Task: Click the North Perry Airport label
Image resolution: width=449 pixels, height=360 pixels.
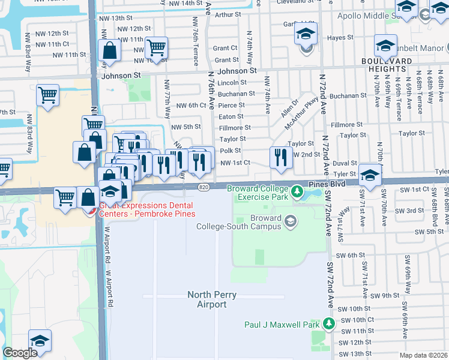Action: coord(207,299)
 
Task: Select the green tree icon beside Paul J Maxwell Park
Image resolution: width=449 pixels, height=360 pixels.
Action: coord(328,324)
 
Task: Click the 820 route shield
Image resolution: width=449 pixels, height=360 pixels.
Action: coord(204,188)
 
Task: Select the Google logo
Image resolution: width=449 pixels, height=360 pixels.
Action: coord(20,353)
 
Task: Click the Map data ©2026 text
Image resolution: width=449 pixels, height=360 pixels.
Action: coord(423,355)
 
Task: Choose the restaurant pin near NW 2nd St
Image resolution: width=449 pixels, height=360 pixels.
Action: coord(277,157)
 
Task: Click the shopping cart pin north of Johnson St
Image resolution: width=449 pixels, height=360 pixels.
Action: coord(156,47)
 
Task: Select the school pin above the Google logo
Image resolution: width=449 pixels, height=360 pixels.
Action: coord(40,341)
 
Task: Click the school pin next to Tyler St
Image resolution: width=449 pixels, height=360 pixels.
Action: coord(371,175)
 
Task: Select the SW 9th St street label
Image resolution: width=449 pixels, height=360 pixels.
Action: coord(384,296)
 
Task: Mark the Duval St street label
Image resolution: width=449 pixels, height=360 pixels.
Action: coord(345,163)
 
